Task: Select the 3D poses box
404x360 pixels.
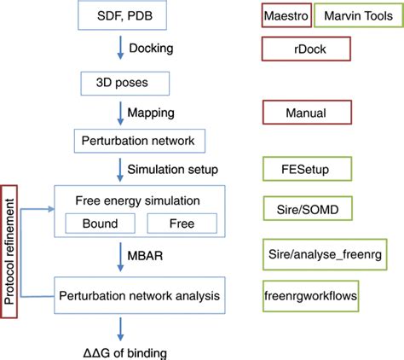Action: (x=124, y=83)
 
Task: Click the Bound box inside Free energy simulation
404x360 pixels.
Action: (x=100, y=223)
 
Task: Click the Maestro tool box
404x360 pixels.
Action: (x=286, y=17)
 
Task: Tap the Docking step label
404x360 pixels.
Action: (x=153, y=49)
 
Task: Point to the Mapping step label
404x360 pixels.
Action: (x=153, y=112)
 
